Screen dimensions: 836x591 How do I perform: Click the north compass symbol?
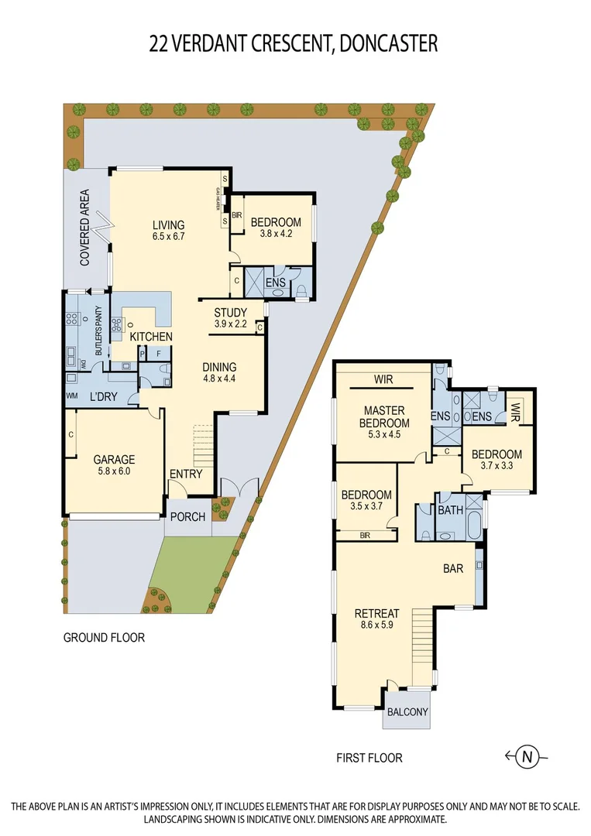click(527, 756)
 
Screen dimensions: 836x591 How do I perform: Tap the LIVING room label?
click(168, 225)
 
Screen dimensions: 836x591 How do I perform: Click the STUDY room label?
click(231, 313)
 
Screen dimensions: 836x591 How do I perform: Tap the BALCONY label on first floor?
click(407, 712)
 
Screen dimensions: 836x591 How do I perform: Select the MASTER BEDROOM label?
click(384, 416)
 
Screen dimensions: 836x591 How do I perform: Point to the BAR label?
click(453, 568)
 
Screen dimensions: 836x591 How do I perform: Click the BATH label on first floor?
click(450, 511)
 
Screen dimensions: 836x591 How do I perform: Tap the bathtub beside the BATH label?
click(473, 519)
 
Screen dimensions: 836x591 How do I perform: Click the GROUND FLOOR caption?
click(104, 638)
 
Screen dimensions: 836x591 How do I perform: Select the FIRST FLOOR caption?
click(369, 758)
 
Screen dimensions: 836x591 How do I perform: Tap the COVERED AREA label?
click(85, 228)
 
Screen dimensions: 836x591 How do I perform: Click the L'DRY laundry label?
click(103, 396)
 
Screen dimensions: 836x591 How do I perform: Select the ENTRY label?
click(185, 475)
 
